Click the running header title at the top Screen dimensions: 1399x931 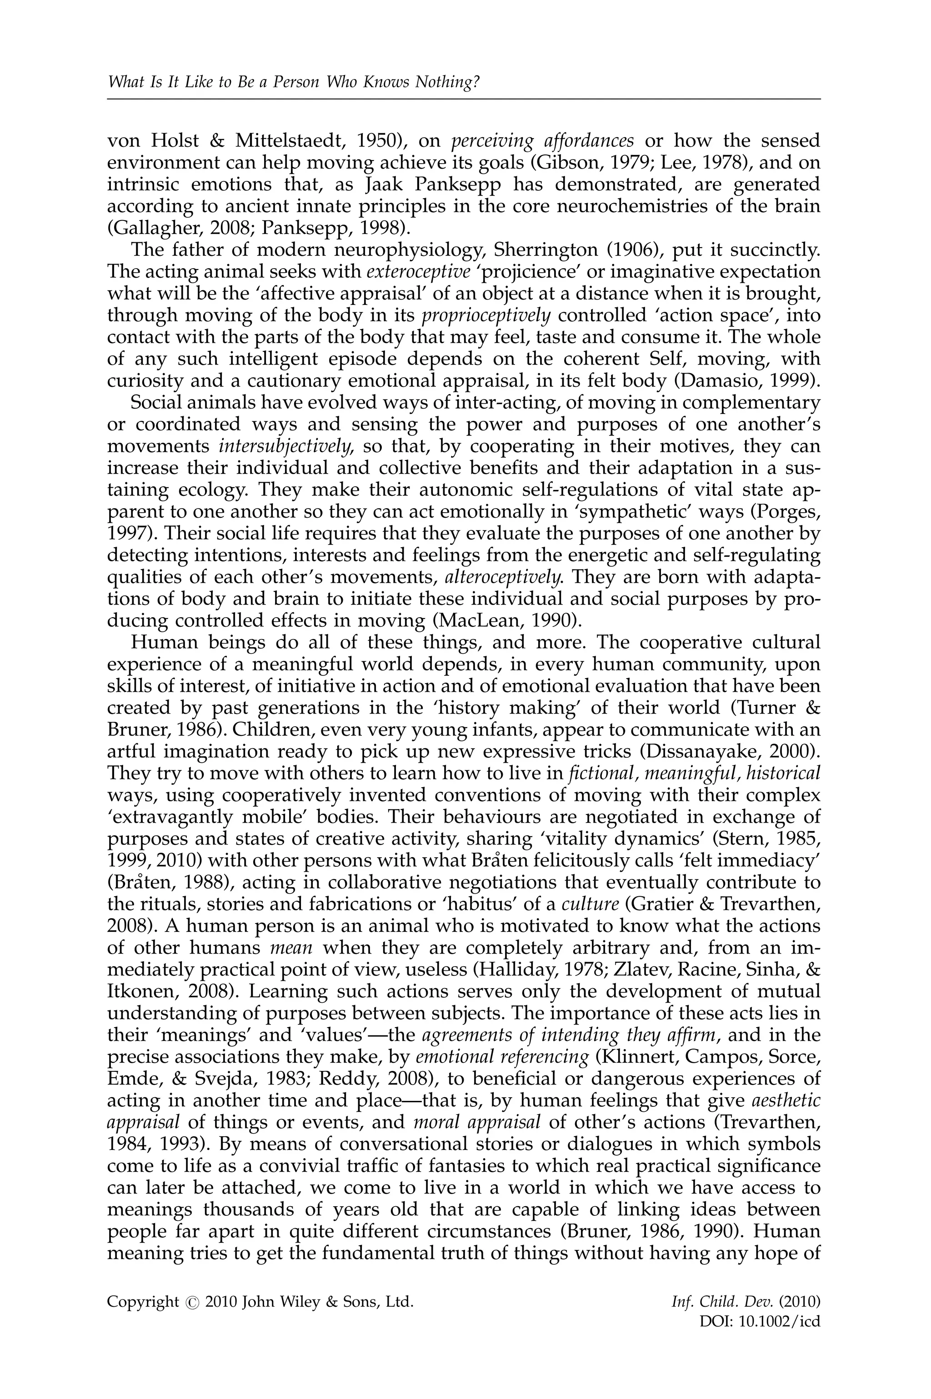click(x=293, y=82)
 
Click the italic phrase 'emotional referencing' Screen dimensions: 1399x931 click(x=502, y=1056)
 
